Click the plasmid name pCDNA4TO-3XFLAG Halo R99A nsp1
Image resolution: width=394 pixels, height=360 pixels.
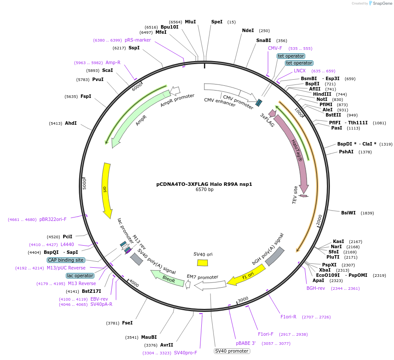pyautogui.click(x=204, y=184)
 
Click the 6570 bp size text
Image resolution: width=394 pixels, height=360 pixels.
pyautogui.click(x=204, y=190)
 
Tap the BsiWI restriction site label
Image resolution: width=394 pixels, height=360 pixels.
pyautogui.click(x=348, y=213)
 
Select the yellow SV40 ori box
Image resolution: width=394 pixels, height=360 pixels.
pyautogui.click(x=202, y=263)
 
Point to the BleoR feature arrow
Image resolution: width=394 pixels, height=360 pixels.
pyautogui.click(x=167, y=279)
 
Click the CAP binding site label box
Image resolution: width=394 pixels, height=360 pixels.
pyautogui.click(x=66, y=260)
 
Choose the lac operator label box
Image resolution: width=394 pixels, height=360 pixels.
pyautogui.click(x=80, y=276)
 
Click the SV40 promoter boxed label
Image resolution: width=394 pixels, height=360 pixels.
pyautogui.click(x=232, y=351)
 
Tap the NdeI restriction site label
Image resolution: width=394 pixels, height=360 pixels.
pyautogui.click(x=248, y=30)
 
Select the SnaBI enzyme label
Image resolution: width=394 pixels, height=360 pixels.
pyautogui.click(x=263, y=41)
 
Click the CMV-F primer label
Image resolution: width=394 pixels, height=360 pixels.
pyautogui.click(x=275, y=48)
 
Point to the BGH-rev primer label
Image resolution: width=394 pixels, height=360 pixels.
pyautogui.click(x=316, y=288)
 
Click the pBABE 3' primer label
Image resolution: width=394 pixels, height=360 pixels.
pyautogui.click(x=246, y=343)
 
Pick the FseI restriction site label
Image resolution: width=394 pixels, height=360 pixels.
pyautogui.click(x=127, y=323)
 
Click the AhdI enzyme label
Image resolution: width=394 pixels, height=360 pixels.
pyautogui.click(x=71, y=123)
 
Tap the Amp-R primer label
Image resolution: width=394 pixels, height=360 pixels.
pyautogui.click(x=113, y=62)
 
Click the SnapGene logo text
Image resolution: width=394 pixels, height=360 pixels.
pyautogui.click(x=381, y=3)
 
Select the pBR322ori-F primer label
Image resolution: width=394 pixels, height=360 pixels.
pyautogui.click(x=53, y=219)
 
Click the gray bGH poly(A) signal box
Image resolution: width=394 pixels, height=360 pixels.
pyautogui.click(x=275, y=256)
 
